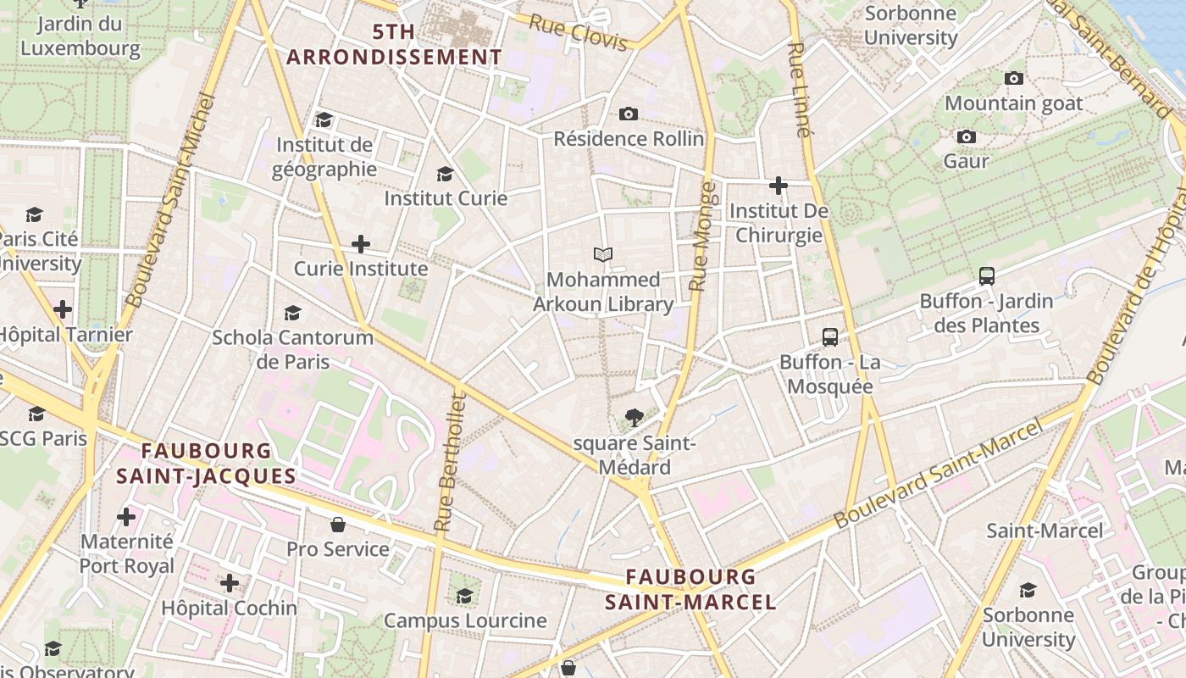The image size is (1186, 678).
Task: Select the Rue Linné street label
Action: click(x=800, y=90)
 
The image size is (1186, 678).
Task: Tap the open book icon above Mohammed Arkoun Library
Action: click(x=603, y=254)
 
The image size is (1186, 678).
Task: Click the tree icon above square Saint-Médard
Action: click(x=633, y=417)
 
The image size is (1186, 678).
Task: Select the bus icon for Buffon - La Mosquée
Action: click(x=830, y=337)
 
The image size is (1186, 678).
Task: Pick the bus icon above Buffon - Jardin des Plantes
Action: click(x=986, y=275)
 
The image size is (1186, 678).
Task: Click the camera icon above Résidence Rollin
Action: click(x=628, y=114)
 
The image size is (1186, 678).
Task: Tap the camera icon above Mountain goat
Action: click(x=1013, y=79)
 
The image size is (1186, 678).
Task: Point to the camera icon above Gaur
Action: click(x=966, y=136)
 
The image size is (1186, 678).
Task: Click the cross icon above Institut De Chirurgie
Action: click(x=779, y=185)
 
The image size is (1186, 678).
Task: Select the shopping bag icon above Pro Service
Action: click(x=338, y=524)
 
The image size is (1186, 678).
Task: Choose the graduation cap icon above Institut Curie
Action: click(x=445, y=174)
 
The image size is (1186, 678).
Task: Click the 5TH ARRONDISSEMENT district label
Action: click(x=394, y=45)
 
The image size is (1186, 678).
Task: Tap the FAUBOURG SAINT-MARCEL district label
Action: click(x=690, y=590)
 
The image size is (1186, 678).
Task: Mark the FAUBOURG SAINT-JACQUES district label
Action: click(x=206, y=464)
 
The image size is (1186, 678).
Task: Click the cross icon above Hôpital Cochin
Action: click(x=229, y=583)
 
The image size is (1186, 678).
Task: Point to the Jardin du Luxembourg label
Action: click(x=80, y=36)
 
